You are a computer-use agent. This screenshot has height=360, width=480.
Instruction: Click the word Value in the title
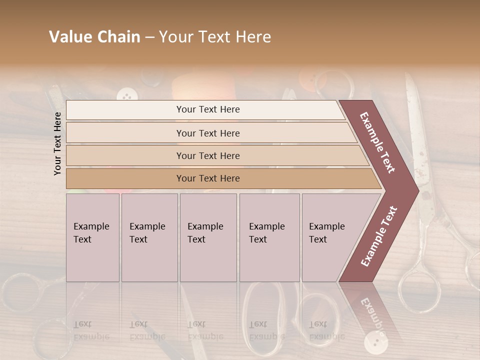pyautogui.click(x=69, y=37)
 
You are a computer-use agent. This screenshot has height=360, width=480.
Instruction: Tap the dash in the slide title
pyautogui.click(x=149, y=37)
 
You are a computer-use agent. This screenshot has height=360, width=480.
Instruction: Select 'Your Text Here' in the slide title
pyautogui.click(x=214, y=37)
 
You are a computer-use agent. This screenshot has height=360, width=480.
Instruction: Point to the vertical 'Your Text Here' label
pyautogui.click(x=57, y=143)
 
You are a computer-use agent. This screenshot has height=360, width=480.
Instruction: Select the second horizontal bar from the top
pyautogui.click(x=208, y=133)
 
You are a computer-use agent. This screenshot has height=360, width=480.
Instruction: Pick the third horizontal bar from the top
pyautogui.click(x=208, y=155)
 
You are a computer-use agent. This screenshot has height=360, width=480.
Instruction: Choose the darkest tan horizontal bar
pyautogui.click(x=208, y=178)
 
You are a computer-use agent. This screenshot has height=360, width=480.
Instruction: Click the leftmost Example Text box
pyautogui.click(x=92, y=237)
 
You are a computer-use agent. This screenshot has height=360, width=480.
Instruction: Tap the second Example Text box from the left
pyautogui.click(x=149, y=237)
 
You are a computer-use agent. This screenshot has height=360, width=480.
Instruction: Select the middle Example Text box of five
pyautogui.click(x=208, y=237)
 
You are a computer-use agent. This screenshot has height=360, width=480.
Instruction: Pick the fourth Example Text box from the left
pyautogui.click(x=269, y=237)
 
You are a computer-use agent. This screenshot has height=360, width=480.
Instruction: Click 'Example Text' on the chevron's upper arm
pyautogui.click(x=377, y=142)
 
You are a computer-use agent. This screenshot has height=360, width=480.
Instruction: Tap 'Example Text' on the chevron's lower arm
pyautogui.click(x=379, y=236)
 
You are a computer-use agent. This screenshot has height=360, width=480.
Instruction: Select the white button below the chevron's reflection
pyautogui.click(x=372, y=342)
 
